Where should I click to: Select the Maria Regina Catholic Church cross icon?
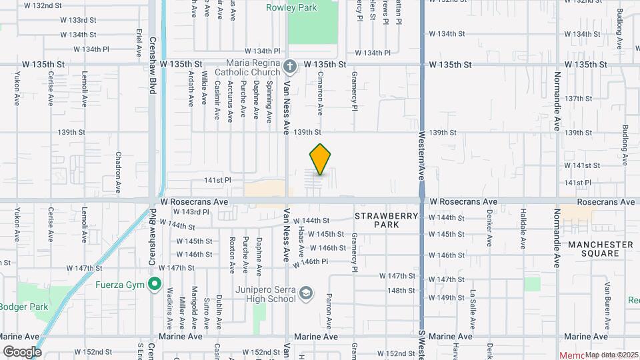coord(289,66)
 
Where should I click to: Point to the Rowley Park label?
coord(291,8)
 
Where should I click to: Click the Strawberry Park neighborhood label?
coord(386,220)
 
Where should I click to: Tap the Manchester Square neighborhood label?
coord(600,249)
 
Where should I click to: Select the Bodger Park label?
coord(24,307)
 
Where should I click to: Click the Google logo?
coord(22,351)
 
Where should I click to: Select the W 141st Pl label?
coord(217,180)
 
